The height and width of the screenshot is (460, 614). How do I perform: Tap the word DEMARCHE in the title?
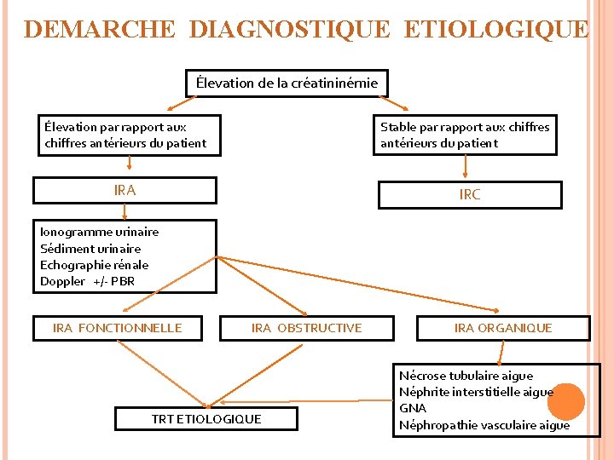pyautogui.click(x=100, y=30)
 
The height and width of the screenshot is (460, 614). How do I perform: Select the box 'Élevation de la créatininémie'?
pyautogui.click(x=287, y=83)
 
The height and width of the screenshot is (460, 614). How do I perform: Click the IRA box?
pyautogui.click(x=125, y=190)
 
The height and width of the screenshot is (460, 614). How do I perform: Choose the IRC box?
pyautogui.click(x=469, y=194)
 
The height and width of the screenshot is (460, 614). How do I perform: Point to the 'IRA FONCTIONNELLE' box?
pyautogui.click(x=118, y=328)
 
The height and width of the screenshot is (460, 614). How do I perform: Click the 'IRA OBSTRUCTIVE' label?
pyautogui.click(x=306, y=328)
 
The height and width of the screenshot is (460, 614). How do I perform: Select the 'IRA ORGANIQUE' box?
pyautogui.click(x=503, y=328)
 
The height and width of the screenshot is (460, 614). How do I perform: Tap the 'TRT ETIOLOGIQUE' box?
pyautogui.click(x=206, y=418)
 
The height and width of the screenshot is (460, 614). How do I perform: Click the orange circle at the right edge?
pyautogui.click(x=565, y=401)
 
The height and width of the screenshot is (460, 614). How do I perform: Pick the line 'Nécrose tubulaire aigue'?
pyautogui.click(x=466, y=376)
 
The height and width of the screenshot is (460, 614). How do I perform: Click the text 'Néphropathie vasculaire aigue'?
pyautogui.click(x=484, y=425)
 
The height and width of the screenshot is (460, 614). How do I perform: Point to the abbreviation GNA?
pyautogui.click(x=412, y=409)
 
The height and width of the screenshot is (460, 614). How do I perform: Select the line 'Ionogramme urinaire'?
pyautogui.click(x=99, y=232)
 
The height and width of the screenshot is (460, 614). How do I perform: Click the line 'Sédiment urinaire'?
pyautogui.click(x=90, y=249)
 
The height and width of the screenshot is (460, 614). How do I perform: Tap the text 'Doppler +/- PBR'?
pyautogui.click(x=87, y=281)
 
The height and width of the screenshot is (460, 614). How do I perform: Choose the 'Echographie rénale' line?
pyautogui.click(x=94, y=265)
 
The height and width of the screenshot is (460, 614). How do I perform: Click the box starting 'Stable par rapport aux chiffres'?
pyautogui.click(x=465, y=135)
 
